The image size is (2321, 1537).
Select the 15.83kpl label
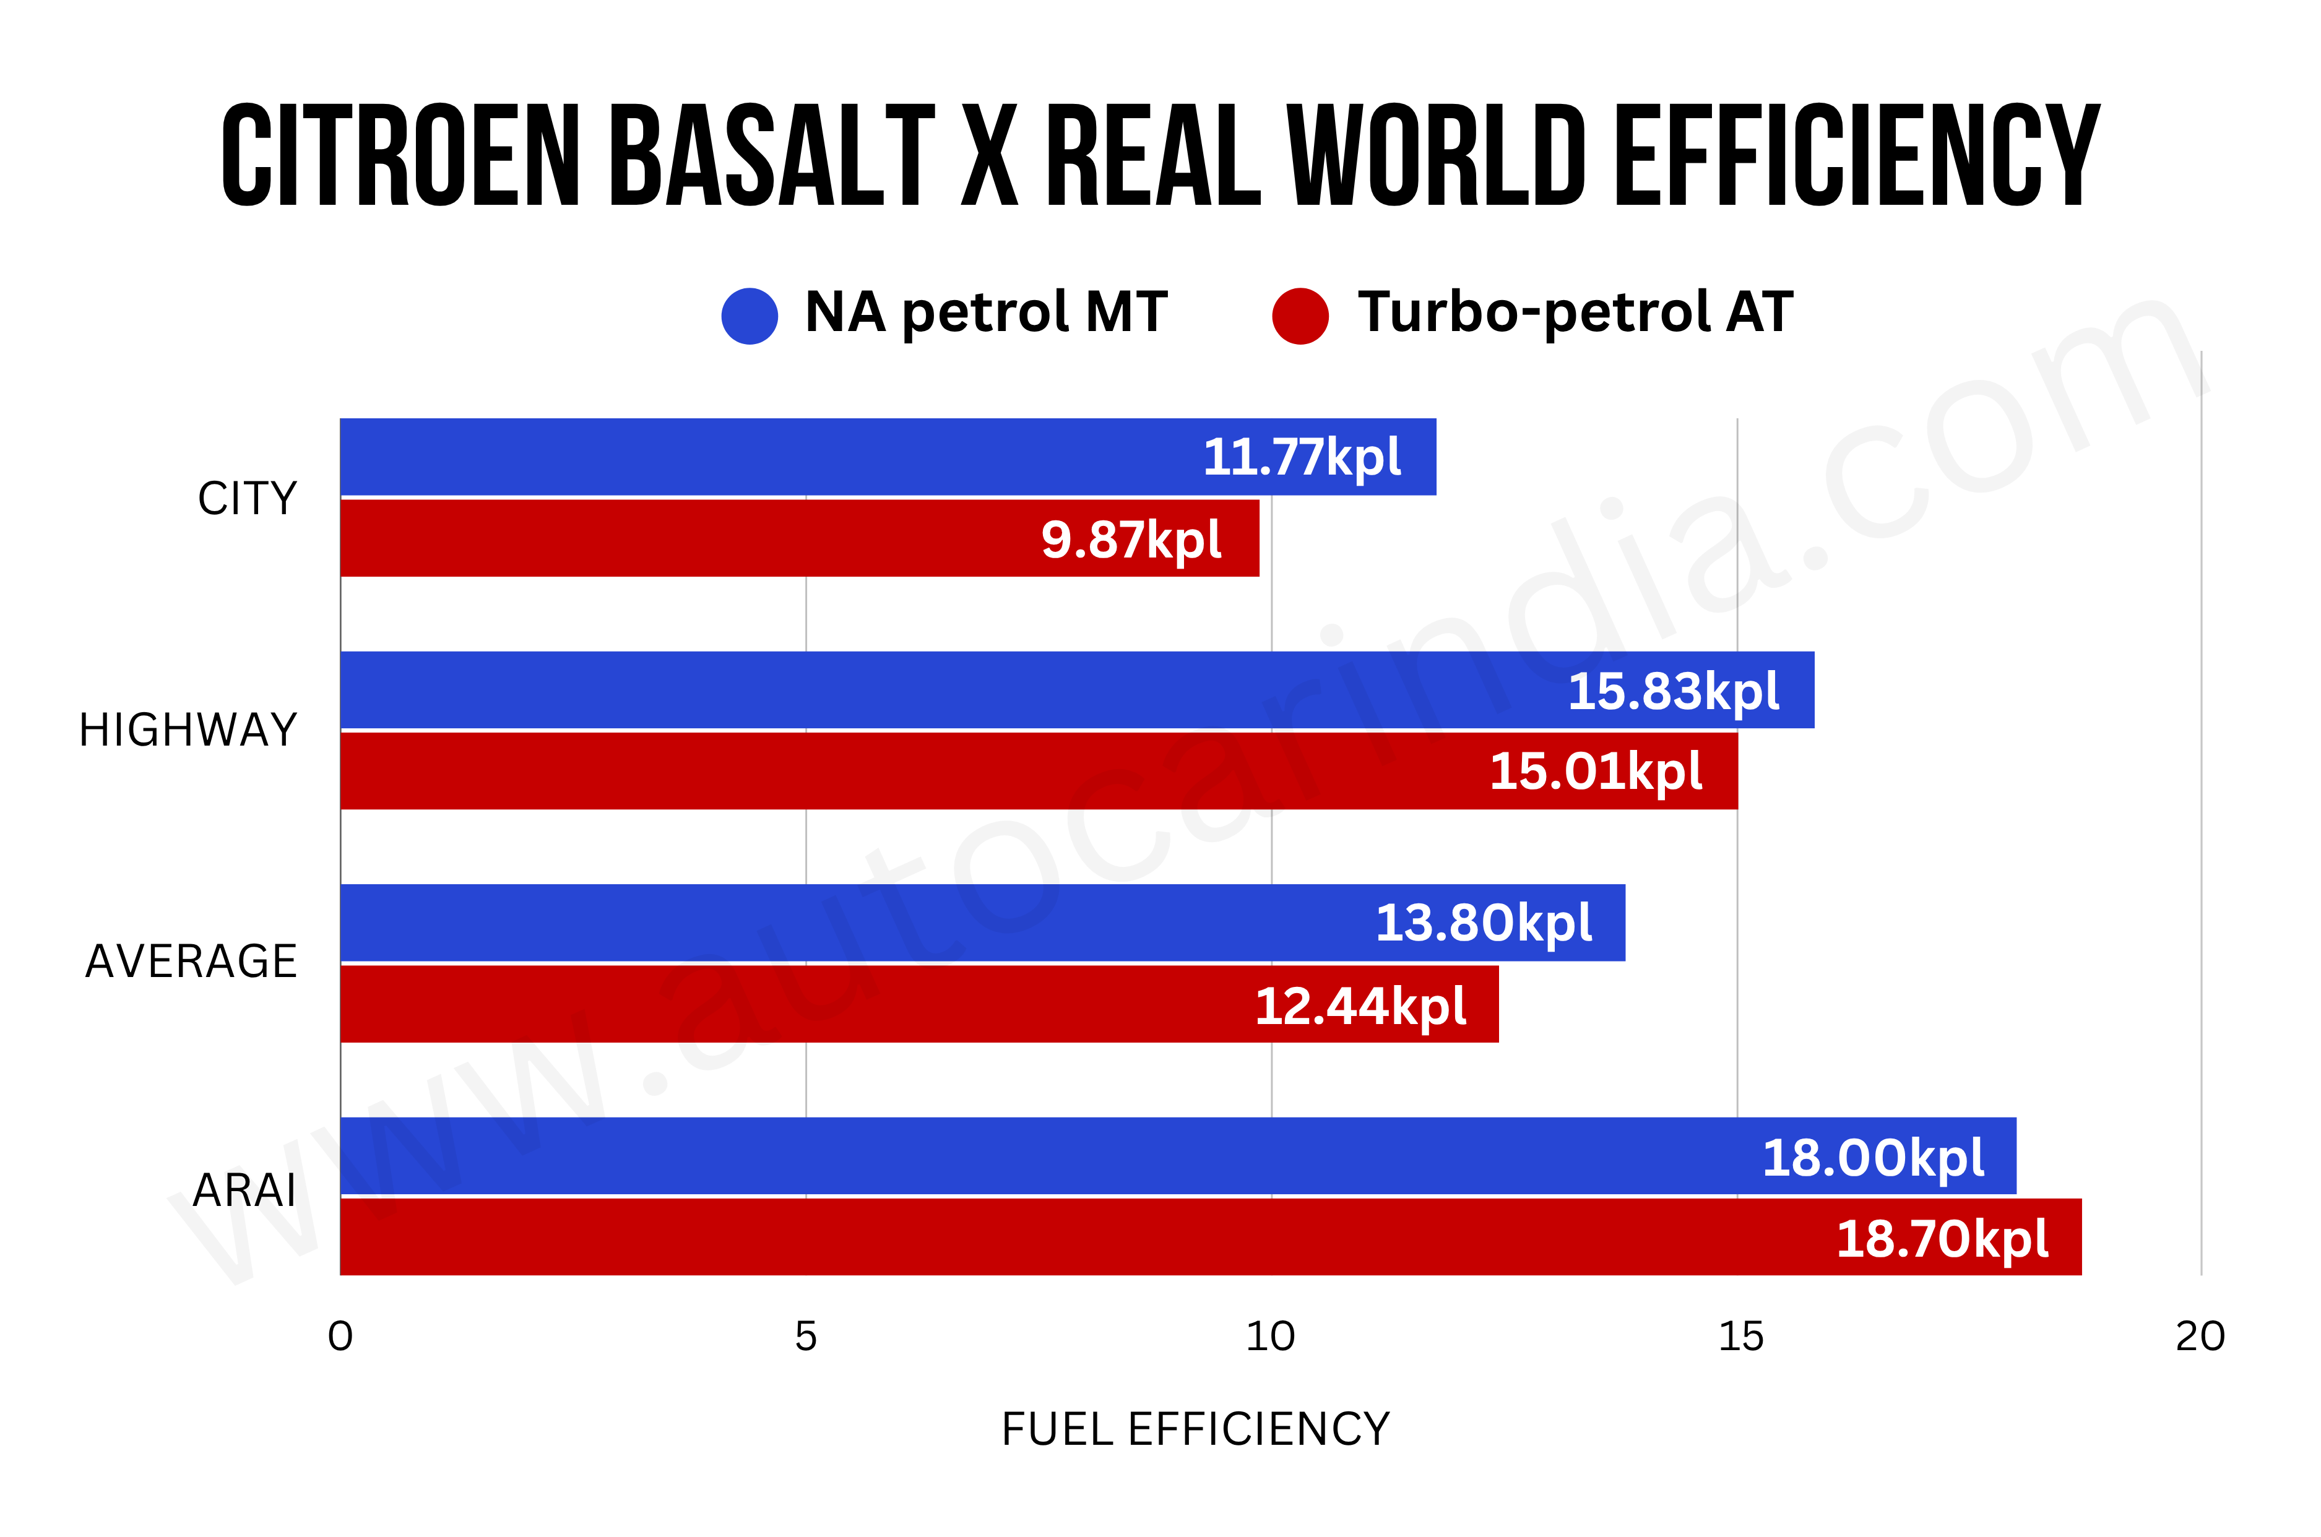pyautogui.click(x=1673, y=692)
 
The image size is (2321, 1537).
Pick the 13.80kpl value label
pyautogui.click(x=1484, y=923)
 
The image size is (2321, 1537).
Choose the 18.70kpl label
pyautogui.click(x=1942, y=1239)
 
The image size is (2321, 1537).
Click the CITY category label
pyautogui.click(x=247, y=499)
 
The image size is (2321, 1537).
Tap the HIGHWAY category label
pyautogui.click(x=188, y=730)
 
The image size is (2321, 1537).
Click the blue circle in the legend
pyautogui.click(x=749, y=316)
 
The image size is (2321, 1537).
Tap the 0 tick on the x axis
pyautogui.click(x=340, y=1336)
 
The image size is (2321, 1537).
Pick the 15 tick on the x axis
pyautogui.click(x=1740, y=1336)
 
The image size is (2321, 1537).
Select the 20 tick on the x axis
pyautogui.click(x=2200, y=1336)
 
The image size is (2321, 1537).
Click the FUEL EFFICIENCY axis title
pyautogui.click(x=1195, y=1429)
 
